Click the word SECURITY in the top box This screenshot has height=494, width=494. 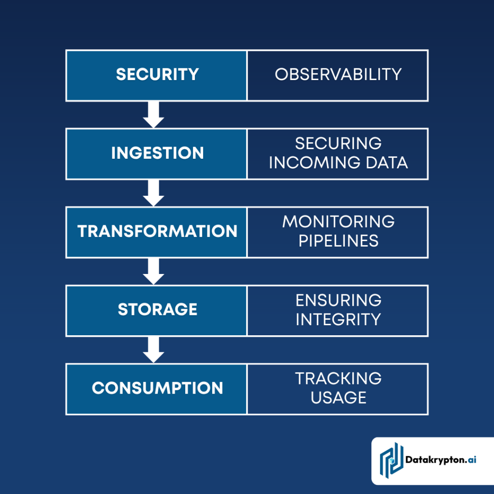[x=157, y=74]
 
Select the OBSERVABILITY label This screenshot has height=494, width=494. [x=338, y=74]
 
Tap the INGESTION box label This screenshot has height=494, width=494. [x=157, y=153]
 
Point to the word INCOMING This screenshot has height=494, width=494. [x=312, y=163]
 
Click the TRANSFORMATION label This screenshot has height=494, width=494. [x=157, y=231]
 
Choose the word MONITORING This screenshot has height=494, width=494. [x=338, y=222]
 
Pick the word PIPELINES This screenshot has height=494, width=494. [x=338, y=241]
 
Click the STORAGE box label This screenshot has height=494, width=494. [x=157, y=309]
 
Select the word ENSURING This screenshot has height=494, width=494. [x=338, y=300]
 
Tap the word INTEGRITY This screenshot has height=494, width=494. [x=338, y=319]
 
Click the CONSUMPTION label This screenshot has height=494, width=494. [x=157, y=388]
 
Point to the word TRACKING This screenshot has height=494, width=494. [x=338, y=379]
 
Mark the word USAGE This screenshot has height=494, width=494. [x=338, y=398]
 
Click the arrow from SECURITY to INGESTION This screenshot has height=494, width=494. [x=153, y=115]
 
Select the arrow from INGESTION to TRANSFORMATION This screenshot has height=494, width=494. [x=153, y=193]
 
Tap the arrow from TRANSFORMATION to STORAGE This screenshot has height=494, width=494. [x=153, y=271]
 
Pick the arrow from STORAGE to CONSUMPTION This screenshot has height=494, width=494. [x=153, y=350]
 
